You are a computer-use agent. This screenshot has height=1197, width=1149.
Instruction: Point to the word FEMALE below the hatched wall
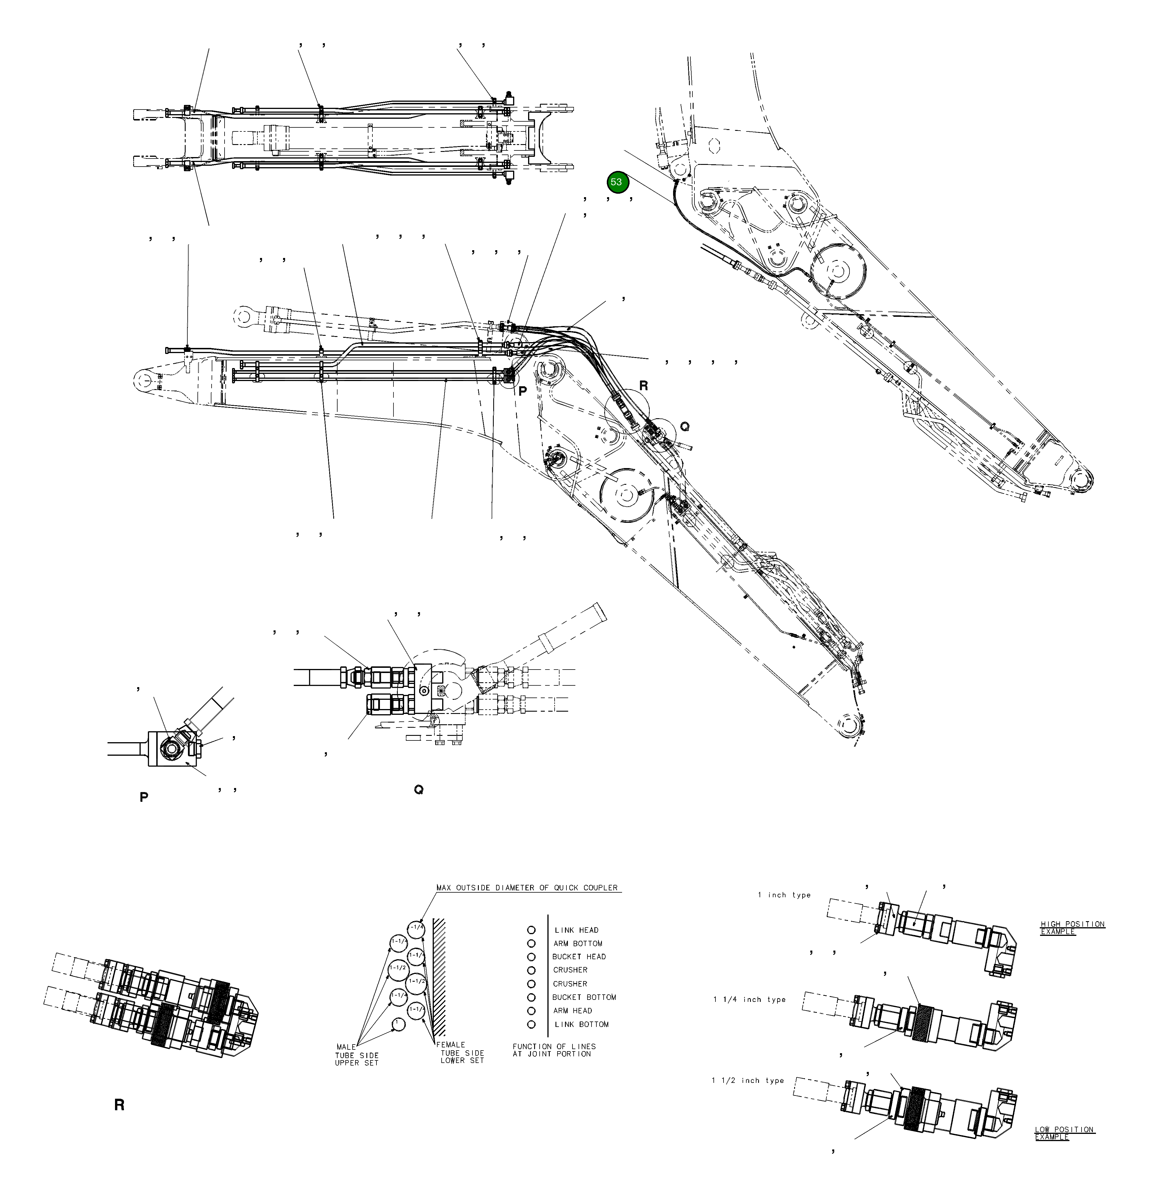tap(451, 1044)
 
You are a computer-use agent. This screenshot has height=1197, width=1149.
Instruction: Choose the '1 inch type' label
tap(784, 895)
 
